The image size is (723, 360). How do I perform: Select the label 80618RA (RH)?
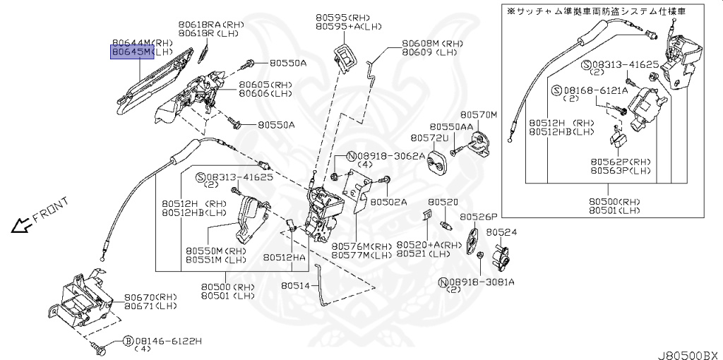[x=211, y=25]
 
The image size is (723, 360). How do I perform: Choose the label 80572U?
[x=429, y=137]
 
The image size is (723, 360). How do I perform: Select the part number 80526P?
[x=479, y=217]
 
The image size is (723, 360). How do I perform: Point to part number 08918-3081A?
[x=483, y=282]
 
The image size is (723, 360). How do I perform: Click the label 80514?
[x=295, y=286]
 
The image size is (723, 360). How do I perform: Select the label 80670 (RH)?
[x=150, y=298]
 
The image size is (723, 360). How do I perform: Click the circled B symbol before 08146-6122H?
[x=128, y=340]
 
